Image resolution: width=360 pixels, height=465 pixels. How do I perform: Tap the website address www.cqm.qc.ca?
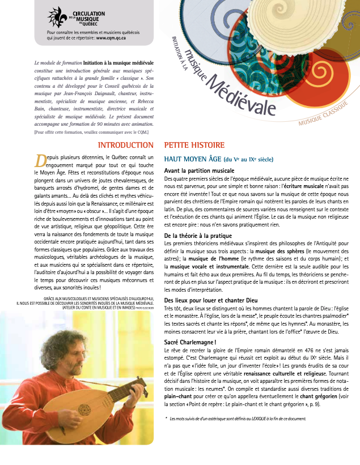click(x=111, y=37)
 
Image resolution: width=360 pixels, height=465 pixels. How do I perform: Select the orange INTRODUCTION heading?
click(x=126, y=145)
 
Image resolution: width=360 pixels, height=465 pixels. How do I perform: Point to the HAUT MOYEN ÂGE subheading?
click(x=192, y=159)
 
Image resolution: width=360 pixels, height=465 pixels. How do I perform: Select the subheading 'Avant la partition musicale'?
click(x=199, y=170)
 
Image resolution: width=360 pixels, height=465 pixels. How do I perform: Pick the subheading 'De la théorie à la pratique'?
click(x=198, y=235)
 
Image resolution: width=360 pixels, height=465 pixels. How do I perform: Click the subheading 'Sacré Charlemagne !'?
click(x=190, y=343)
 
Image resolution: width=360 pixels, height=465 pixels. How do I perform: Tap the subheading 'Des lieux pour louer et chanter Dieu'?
click(x=211, y=300)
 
